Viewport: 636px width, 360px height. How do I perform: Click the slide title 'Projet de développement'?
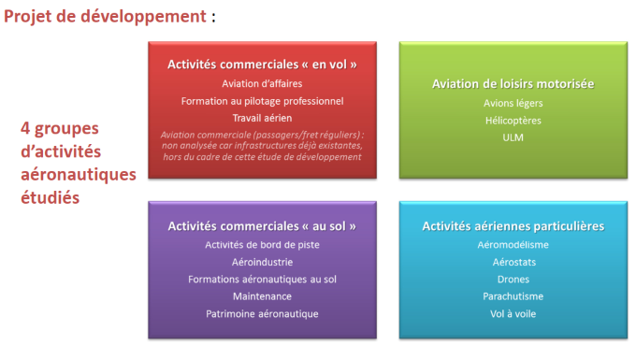pyautogui.click(x=105, y=17)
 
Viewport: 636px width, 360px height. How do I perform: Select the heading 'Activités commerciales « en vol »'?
pyautogui.click(x=262, y=65)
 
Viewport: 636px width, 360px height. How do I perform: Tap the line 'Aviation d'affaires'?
pyautogui.click(x=262, y=83)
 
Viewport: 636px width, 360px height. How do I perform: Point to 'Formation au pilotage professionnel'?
pyautogui.click(x=262, y=101)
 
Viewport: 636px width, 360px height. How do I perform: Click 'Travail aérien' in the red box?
pyautogui.click(x=262, y=118)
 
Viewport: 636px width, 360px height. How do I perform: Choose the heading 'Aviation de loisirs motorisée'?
pyautogui.click(x=513, y=84)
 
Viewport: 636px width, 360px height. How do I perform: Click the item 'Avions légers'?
pyautogui.click(x=513, y=104)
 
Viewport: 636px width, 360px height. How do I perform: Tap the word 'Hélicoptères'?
pyautogui.click(x=513, y=121)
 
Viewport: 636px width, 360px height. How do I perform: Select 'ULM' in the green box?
pyautogui.click(x=513, y=137)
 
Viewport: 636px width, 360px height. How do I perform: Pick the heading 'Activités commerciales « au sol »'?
pyautogui.click(x=262, y=226)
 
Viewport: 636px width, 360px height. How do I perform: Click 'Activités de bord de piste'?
pyautogui.click(x=262, y=245)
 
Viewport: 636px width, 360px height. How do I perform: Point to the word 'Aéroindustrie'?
pyautogui.click(x=262, y=263)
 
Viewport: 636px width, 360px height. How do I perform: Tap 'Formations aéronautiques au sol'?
pyautogui.click(x=262, y=280)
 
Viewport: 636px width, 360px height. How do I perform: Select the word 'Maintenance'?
pyautogui.click(x=262, y=296)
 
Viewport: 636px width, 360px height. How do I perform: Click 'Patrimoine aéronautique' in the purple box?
pyautogui.click(x=262, y=314)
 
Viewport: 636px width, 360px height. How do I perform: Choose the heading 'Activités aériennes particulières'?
pyautogui.click(x=513, y=226)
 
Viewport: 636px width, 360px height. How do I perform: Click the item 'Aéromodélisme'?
pyautogui.click(x=513, y=245)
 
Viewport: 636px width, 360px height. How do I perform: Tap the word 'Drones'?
pyautogui.click(x=513, y=280)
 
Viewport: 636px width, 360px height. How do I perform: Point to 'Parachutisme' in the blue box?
pyautogui.click(x=513, y=296)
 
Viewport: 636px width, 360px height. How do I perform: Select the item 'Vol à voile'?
pyautogui.click(x=513, y=314)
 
